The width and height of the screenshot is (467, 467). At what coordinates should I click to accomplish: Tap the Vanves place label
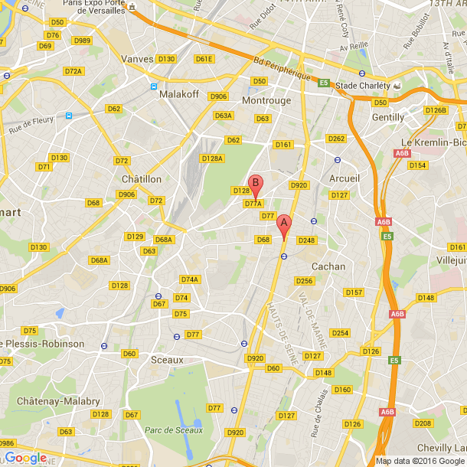(x=138, y=58)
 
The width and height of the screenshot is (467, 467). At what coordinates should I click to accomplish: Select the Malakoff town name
(x=179, y=95)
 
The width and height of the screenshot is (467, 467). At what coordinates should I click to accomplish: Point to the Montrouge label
(x=266, y=100)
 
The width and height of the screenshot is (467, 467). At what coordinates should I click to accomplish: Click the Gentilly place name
(x=387, y=117)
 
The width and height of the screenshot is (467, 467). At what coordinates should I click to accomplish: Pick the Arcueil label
(x=343, y=178)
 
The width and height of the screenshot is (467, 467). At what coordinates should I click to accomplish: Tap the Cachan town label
(x=328, y=266)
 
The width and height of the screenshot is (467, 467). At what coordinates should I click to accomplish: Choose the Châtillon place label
(x=142, y=178)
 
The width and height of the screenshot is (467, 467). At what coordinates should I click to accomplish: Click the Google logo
(x=25, y=458)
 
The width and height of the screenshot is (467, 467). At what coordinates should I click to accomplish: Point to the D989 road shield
(x=82, y=41)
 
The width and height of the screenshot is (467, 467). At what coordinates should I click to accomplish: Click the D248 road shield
(x=306, y=240)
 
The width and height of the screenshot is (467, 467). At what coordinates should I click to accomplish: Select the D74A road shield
(x=189, y=279)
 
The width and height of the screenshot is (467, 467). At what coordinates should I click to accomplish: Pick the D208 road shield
(x=423, y=423)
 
